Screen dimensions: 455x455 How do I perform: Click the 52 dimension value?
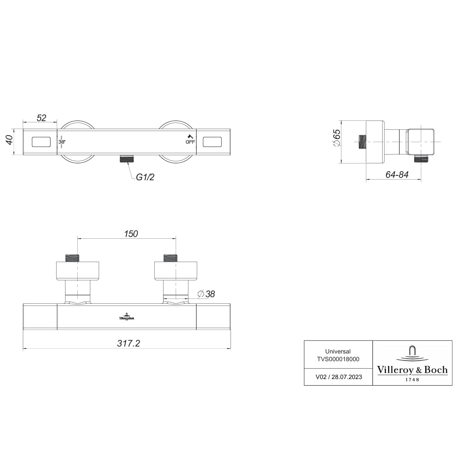[41, 118]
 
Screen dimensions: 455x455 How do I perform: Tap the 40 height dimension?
[9, 140]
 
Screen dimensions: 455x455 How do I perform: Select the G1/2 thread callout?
[145, 177]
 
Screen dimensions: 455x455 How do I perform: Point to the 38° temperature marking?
[62, 142]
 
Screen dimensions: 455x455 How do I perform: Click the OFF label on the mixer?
[190, 142]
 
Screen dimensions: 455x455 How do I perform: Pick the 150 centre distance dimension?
[131, 233]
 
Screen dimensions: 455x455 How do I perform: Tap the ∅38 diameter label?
[206, 294]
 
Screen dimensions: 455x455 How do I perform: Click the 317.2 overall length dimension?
[128, 343]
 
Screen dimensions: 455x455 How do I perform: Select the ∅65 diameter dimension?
[336, 138]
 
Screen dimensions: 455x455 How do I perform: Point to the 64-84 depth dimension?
[397, 175]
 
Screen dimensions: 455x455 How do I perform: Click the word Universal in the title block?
[338, 351]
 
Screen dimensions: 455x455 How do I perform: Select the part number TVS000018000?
[338, 359]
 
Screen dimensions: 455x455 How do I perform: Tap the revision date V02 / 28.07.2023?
[339, 377]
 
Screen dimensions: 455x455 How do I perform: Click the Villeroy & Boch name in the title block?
[412, 370]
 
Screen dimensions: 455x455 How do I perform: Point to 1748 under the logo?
[412, 379]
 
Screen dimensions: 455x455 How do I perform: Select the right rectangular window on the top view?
[212, 142]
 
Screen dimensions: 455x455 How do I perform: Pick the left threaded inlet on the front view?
[73, 258]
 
